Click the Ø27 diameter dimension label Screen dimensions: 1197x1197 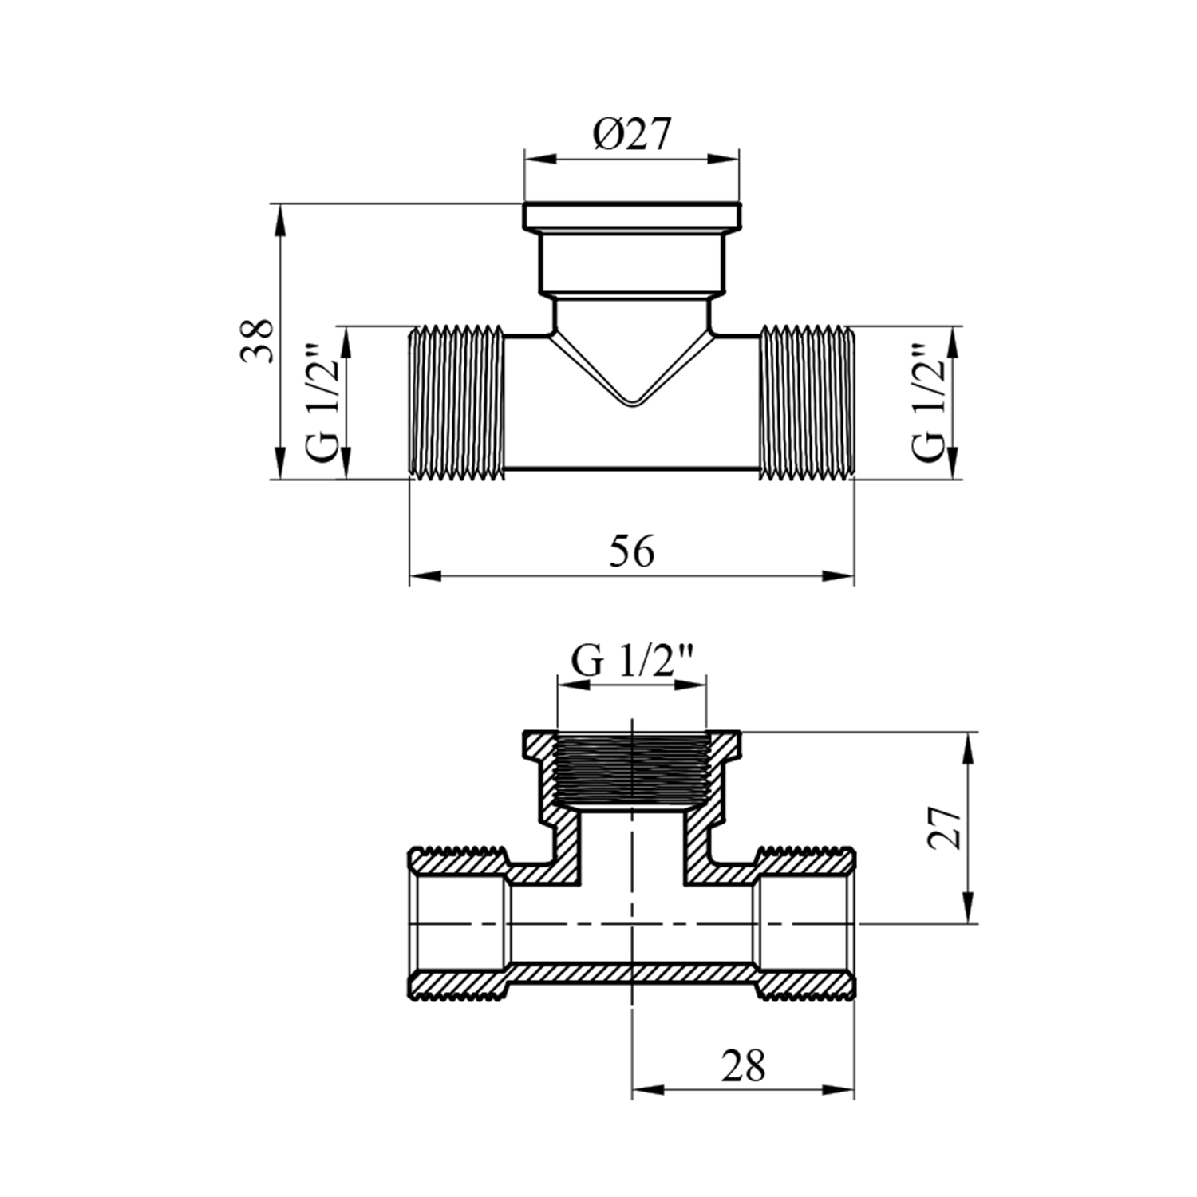(x=631, y=136)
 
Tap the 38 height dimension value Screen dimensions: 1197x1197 (x=258, y=341)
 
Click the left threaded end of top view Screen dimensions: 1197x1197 (x=457, y=403)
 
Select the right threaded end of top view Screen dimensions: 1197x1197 (x=806, y=403)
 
